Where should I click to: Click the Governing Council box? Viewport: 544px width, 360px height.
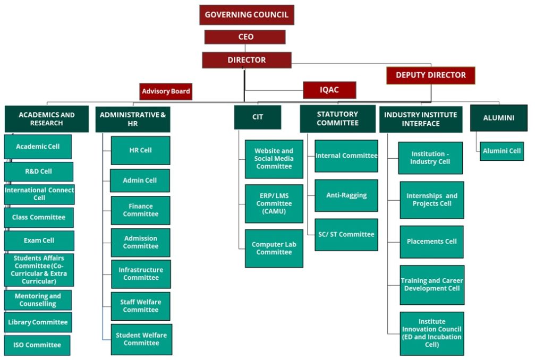[x=246, y=15]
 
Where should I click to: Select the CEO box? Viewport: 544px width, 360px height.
[x=245, y=37]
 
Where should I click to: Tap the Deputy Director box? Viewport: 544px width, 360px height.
[x=430, y=75]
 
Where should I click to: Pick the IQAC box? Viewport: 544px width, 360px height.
[x=329, y=90]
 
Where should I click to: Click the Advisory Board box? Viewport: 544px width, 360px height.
[x=166, y=91]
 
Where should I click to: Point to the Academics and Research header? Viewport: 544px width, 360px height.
[x=47, y=119]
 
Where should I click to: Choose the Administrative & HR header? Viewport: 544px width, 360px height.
[x=133, y=119]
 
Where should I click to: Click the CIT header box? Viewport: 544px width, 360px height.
[x=258, y=117]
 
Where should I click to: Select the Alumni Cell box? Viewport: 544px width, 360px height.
[x=501, y=151]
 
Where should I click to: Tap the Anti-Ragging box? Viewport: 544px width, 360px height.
[x=346, y=195]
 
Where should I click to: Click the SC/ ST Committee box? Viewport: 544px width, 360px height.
[x=346, y=235]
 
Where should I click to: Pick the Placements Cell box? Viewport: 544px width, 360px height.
[x=431, y=242]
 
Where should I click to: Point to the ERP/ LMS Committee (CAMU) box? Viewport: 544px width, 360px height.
[x=274, y=204]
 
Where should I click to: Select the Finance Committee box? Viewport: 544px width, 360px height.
[x=141, y=210]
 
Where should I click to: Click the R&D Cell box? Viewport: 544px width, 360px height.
[x=39, y=172]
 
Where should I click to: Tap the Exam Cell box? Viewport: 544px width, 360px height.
[x=39, y=241]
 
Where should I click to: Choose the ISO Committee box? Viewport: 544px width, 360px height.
[x=37, y=345]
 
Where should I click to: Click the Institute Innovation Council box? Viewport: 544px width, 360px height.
[x=432, y=333]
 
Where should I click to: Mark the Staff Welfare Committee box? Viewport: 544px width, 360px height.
[x=141, y=306]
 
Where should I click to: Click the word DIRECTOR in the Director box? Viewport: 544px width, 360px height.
[x=246, y=60]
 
